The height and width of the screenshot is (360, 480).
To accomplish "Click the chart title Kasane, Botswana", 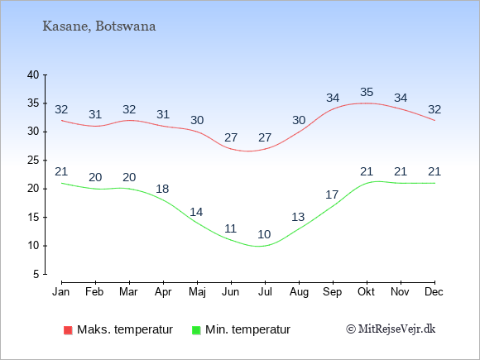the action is (99, 26).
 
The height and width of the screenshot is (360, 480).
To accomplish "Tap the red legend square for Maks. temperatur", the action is (68, 330).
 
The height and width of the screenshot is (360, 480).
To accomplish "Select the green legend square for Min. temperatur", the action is (196, 330).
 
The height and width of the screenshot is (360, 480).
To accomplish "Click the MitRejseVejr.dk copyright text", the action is (391, 329).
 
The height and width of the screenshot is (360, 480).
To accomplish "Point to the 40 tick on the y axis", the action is (33, 74).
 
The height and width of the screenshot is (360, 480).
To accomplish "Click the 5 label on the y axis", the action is (36, 274).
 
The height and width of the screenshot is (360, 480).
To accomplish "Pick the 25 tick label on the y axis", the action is (33, 160).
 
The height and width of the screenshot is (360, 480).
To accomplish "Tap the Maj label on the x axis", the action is (197, 292).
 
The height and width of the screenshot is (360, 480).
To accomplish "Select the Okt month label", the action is (366, 292).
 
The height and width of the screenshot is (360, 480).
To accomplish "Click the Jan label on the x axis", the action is (61, 292).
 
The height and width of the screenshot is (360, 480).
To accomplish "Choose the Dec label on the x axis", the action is (434, 292).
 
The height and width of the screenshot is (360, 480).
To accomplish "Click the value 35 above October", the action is (367, 92).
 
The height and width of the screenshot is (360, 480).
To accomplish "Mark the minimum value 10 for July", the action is (264, 234).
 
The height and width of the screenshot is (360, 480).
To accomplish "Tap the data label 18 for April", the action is (162, 189).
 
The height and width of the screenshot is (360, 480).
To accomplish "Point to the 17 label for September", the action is (332, 194).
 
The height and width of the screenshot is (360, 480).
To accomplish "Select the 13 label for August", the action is (298, 217).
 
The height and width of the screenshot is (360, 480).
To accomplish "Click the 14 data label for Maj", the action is (196, 212).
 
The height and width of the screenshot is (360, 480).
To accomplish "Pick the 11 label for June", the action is (231, 228).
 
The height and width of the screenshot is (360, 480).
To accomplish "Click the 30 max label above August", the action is (299, 120).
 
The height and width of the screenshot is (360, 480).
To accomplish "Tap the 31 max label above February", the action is (95, 114).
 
